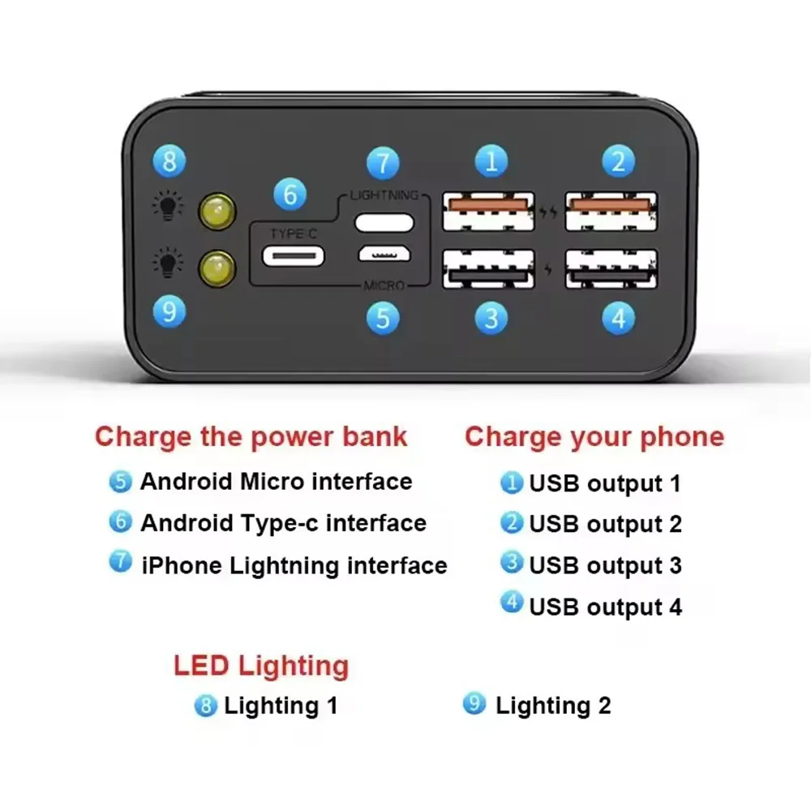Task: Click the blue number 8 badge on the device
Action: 169,161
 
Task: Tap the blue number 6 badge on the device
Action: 290,194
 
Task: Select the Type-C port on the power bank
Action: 294,256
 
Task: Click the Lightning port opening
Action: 384,223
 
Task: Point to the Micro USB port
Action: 384,253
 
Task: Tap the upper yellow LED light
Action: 217,212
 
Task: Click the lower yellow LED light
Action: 217,268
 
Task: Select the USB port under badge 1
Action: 488,211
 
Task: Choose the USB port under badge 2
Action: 611,211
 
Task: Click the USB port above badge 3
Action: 488,269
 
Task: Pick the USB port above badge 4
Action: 611,269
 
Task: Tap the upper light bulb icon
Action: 167,205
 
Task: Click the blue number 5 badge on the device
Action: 383,318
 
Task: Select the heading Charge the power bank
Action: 251,437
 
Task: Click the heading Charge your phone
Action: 594,437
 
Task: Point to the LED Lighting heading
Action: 261,666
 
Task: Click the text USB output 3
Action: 605,565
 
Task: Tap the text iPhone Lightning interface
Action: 294,565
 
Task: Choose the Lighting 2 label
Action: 553,706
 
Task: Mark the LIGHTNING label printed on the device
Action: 384,195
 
